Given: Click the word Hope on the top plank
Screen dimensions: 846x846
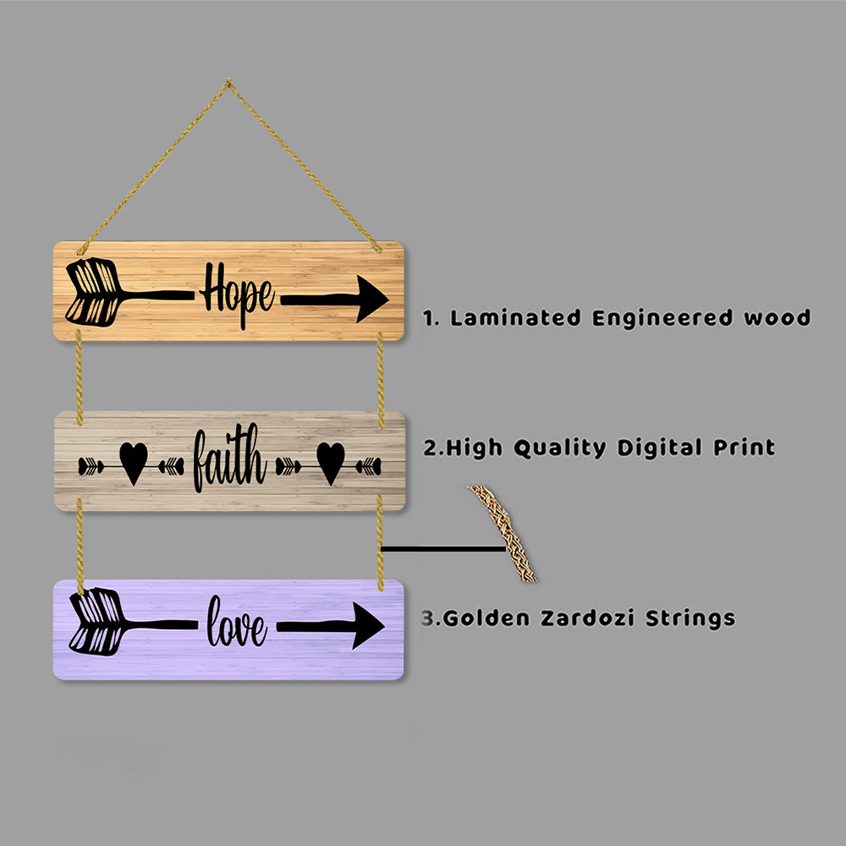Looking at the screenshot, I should point(237,296).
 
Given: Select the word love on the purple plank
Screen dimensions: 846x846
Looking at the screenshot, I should point(237,625).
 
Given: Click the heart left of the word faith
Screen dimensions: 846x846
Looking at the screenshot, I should point(133,464).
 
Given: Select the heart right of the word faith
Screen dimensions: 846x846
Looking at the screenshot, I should point(331,463).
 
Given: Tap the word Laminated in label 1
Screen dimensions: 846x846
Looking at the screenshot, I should point(515,318).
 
